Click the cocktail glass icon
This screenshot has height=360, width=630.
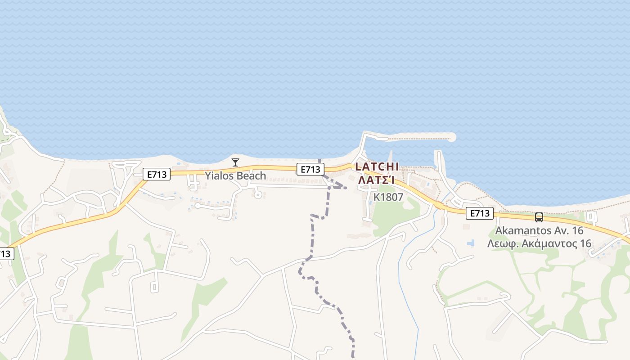tap(235, 162)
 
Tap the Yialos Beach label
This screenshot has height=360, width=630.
tap(235, 175)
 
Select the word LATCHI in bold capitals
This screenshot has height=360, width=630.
tap(377, 167)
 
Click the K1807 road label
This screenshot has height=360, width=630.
tap(388, 197)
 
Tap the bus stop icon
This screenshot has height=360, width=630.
tap(539, 217)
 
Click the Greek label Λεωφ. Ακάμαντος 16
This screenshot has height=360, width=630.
tap(539, 244)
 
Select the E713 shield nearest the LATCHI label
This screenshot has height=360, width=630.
tap(310, 169)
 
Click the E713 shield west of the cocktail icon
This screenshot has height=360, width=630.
tap(157, 175)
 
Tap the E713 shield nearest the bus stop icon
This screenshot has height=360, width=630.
tap(479, 213)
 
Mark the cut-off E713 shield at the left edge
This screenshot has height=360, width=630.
tap(5, 254)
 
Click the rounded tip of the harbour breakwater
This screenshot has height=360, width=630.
tap(451, 137)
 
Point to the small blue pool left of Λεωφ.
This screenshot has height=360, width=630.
tap(471, 243)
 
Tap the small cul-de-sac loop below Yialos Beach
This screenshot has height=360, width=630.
tap(258, 194)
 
